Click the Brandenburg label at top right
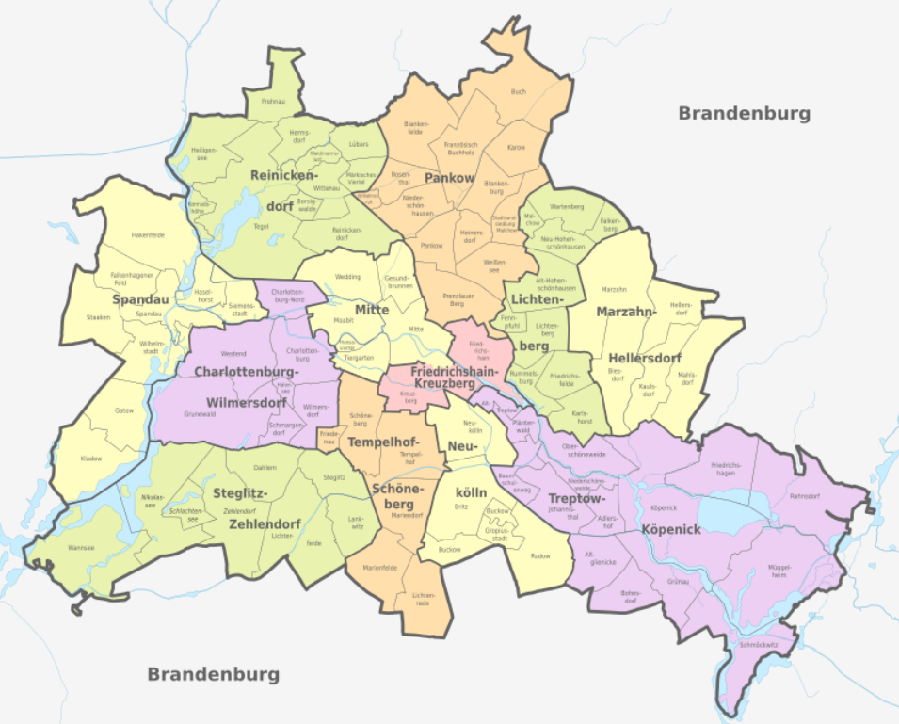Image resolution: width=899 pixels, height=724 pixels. click(744, 113)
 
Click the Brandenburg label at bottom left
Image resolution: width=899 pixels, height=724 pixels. click(214, 674)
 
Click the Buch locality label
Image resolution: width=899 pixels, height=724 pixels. click(518, 92)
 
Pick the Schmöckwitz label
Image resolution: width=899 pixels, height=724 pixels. click(758, 646)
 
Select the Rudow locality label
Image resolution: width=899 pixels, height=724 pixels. click(539, 555)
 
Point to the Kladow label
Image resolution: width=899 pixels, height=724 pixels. click(90, 459)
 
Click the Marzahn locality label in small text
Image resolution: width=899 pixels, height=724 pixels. click(613, 289)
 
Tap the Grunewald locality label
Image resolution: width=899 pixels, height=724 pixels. click(200, 414)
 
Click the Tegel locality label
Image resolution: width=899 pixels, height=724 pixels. click(263, 226)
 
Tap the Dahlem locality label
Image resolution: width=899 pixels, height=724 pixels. click(265, 467)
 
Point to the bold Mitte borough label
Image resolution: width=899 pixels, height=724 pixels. click(372, 310)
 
